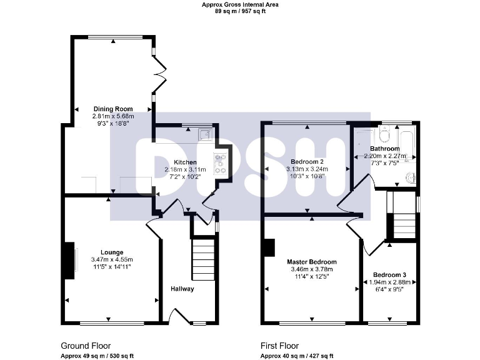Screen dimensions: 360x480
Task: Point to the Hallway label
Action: pyautogui.click(x=182, y=289)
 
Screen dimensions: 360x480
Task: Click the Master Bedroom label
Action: pyautogui.click(x=312, y=262)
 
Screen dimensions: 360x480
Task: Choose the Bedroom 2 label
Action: pyautogui.click(x=307, y=161)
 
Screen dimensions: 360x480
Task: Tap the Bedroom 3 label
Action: pyautogui.click(x=389, y=275)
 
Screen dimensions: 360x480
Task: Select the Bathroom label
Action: pyautogui.click(x=384, y=149)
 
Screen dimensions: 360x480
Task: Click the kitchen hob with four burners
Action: pyautogui.click(x=220, y=163)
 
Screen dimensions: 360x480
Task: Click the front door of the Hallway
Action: pyautogui.click(x=179, y=315)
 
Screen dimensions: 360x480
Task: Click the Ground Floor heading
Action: pyautogui.click(x=86, y=346)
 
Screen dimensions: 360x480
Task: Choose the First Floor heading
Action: pyautogui.click(x=279, y=346)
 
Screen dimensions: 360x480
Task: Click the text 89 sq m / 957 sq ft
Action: pyautogui.click(x=240, y=11)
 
